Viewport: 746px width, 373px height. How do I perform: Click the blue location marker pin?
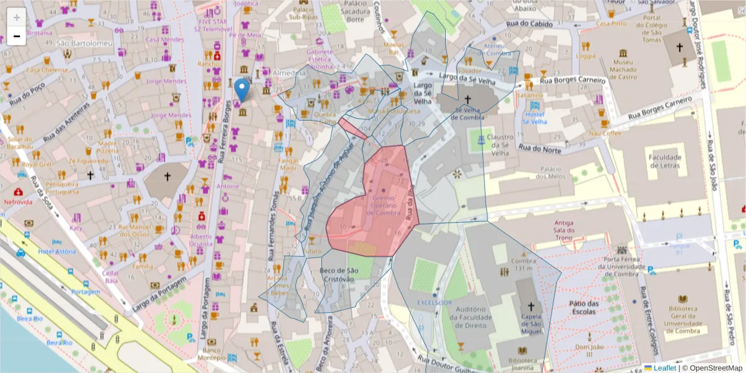pos(242,91)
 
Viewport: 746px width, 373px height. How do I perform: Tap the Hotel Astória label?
pos(57,251)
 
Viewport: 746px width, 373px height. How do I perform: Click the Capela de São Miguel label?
pos(530,323)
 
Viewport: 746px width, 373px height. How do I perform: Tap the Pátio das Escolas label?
pos(582,308)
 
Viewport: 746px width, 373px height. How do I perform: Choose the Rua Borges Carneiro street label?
pos(572,80)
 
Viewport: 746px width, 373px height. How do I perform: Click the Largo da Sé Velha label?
pos(423,93)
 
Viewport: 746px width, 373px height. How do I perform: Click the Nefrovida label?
pos(17,203)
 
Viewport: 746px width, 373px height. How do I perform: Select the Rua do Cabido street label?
pos(534,24)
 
